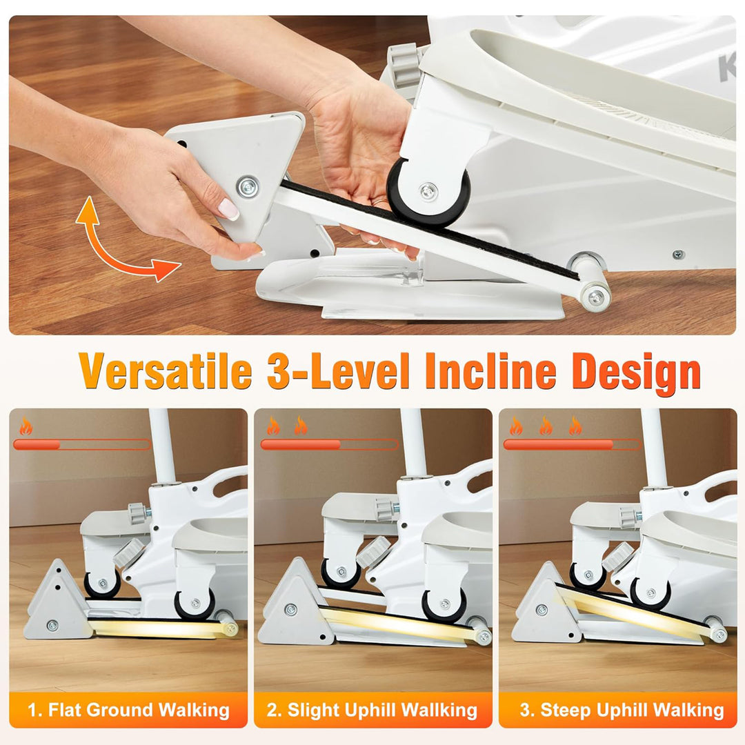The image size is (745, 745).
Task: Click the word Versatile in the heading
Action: [166, 372]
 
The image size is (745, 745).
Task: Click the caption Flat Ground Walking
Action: [128, 710]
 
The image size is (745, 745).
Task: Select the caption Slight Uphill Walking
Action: [372, 710]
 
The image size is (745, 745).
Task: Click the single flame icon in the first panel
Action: [26, 426]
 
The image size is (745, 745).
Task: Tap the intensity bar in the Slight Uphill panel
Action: [329, 445]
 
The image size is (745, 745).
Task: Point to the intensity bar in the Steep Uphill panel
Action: [573, 445]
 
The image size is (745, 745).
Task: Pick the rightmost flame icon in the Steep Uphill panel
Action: [575, 426]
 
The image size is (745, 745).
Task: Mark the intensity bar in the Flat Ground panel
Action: [81, 445]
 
